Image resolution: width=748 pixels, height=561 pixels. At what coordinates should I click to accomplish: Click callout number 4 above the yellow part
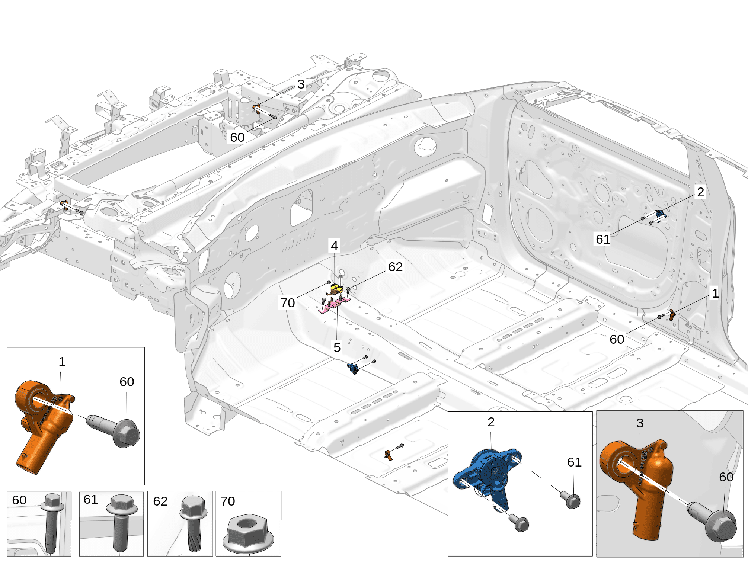pyautogui.click(x=334, y=246)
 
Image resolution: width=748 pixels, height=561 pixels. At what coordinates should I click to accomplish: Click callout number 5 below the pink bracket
pyautogui.click(x=337, y=347)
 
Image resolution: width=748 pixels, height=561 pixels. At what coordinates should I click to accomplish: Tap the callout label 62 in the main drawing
pyautogui.click(x=395, y=267)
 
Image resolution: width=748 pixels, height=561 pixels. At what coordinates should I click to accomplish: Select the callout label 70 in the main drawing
pyautogui.click(x=288, y=303)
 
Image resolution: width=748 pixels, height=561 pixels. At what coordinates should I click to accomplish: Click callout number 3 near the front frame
pyautogui.click(x=301, y=84)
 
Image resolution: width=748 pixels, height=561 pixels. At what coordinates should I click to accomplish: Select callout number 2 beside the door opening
pyautogui.click(x=700, y=192)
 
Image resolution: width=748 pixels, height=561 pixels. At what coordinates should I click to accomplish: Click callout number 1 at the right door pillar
pyautogui.click(x=715, y=293)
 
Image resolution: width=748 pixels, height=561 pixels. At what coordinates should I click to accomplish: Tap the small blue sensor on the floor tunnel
pyautogui.click(x=353, y=369)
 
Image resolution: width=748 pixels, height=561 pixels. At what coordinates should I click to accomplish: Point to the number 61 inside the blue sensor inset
pyautogui.click(x=574, y=462)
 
